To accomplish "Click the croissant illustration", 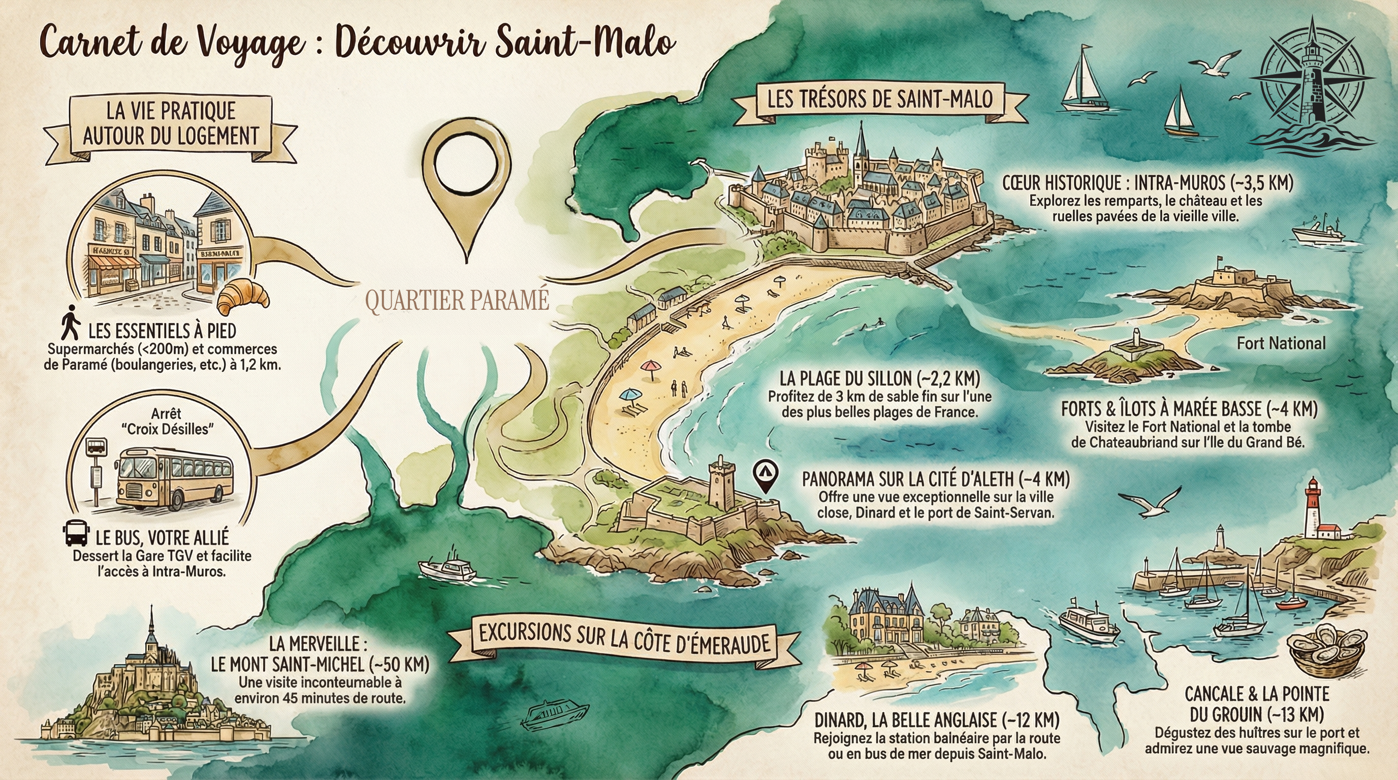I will [243, 297].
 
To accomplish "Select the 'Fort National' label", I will [1281, 343].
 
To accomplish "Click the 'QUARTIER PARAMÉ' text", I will [457, 300].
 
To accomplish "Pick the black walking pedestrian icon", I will [70, 323].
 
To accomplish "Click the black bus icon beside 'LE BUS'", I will [75, 533].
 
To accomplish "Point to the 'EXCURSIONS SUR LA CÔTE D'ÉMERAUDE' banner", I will [624, 640].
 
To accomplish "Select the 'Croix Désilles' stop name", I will [168, 429].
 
